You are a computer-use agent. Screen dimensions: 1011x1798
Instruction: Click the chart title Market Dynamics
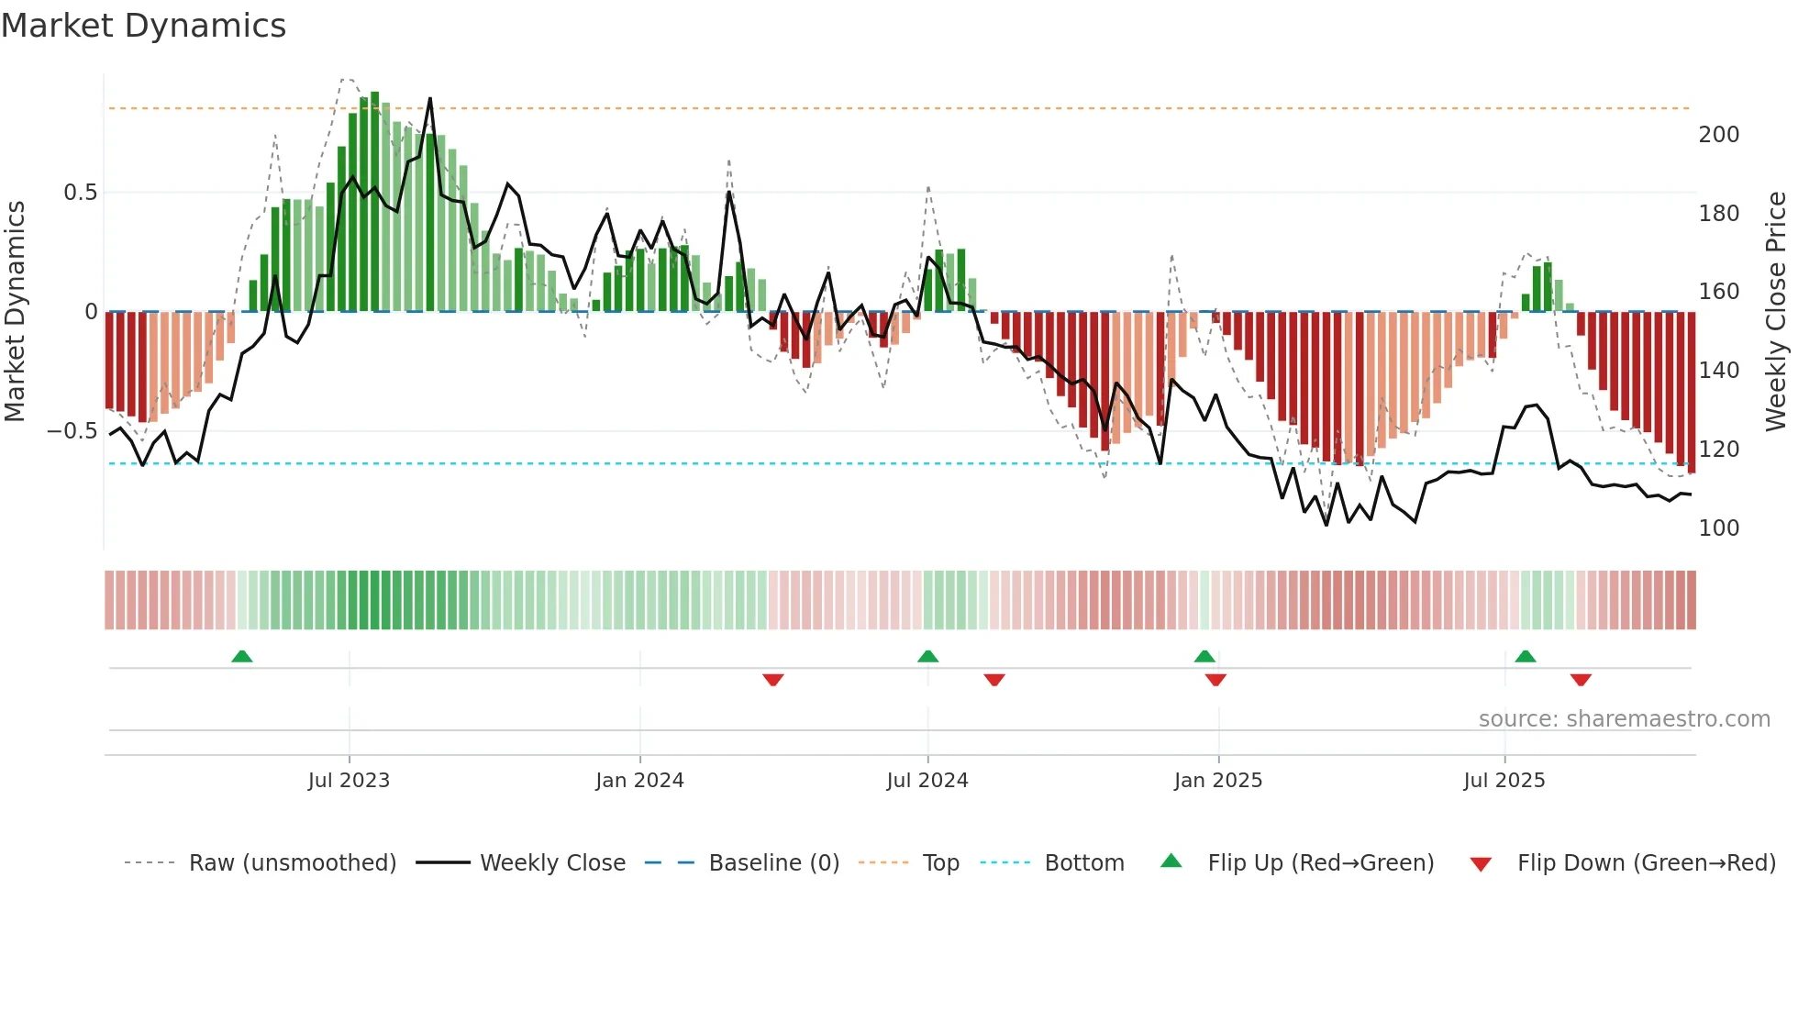tap(144, 26)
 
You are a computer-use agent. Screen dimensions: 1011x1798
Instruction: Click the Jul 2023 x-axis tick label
tap(349, 781)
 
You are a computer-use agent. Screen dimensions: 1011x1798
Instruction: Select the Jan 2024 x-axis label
tap(639, 781)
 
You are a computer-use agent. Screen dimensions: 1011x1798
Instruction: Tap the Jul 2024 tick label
tap(927, 781)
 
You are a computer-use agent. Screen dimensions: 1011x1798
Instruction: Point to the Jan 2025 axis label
tap(1218, 781)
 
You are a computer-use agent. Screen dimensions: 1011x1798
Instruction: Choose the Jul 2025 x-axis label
tap(1504, 781)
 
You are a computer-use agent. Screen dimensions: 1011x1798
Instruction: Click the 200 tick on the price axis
tap(1718, 135)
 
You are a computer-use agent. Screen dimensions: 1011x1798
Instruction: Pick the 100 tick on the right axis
tap(1718, 528)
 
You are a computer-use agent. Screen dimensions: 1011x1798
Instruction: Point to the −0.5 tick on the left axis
tap(72, 431)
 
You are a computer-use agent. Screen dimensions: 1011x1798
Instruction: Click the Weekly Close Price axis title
tap(1777, 312)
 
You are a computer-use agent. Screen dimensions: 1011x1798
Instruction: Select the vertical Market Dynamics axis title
tap(16, 312)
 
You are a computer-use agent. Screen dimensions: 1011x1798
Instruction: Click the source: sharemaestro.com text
tap(1624, 719)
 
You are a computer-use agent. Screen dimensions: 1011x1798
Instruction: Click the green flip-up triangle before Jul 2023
tap(242, 657)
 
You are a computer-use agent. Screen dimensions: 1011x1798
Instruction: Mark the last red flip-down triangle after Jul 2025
tap(1581, 680)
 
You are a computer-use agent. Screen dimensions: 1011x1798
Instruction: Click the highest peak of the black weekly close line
tap(430, 99)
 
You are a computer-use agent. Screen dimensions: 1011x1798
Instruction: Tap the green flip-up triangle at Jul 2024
tap(927, 657)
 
